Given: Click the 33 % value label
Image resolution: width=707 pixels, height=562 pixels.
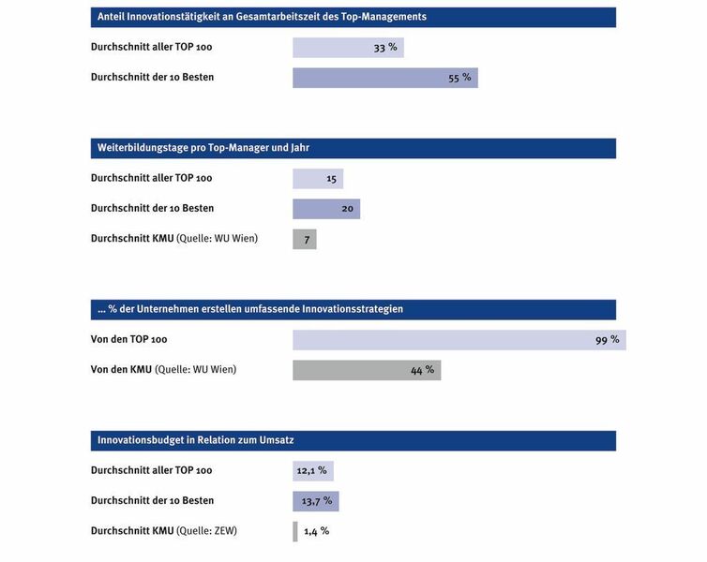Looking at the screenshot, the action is tap(385, 47).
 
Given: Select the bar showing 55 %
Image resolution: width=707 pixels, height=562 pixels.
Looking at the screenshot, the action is tap(385, 78).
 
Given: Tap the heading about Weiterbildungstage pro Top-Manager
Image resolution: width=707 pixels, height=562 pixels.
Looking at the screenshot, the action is tap(203, 148).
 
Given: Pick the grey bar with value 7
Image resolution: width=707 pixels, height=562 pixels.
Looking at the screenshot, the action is tap(305, 239).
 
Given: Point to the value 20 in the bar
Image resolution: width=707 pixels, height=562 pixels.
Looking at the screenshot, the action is tap(347, 209).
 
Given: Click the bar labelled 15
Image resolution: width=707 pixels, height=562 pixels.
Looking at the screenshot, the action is tap(318, 179).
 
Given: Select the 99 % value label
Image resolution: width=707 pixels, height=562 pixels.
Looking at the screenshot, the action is tap(607, 340).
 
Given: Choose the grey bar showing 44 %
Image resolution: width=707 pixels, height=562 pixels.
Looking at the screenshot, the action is tap(367, 370).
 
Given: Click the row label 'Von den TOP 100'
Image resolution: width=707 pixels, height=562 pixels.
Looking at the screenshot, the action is tap(129, 339).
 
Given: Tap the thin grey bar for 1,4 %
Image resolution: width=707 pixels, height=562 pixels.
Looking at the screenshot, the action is tap(295, 531).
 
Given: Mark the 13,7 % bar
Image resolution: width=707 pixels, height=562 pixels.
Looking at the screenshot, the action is tap(316, 501).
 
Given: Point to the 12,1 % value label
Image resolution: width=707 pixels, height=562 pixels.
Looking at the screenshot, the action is tap(311, 470).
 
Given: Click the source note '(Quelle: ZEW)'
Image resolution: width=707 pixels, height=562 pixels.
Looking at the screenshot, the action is tap(206, 531).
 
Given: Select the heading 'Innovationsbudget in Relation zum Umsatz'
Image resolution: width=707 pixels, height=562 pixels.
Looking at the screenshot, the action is tap(196, 440).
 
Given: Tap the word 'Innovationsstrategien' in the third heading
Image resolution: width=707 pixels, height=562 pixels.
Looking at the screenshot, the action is tap(353, 309).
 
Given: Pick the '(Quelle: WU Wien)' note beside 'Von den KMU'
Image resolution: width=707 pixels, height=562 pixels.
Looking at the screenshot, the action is tap(196, 370).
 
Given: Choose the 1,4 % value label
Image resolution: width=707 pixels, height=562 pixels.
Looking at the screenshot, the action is tap(317, 531).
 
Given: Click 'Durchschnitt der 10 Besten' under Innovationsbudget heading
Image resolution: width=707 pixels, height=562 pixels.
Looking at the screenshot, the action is tap(153, 501).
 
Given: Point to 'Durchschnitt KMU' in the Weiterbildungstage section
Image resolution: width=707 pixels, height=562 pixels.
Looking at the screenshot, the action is tap(132, 238).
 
